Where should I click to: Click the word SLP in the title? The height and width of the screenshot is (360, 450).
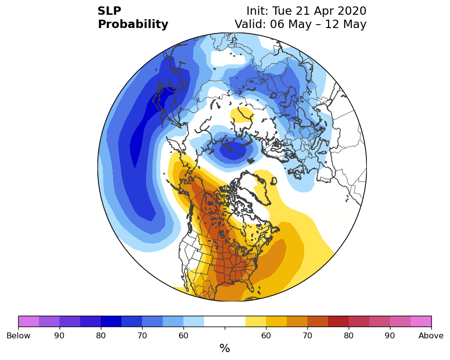tap(109, 11)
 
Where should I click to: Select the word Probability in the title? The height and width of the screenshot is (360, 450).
tap(133, 25)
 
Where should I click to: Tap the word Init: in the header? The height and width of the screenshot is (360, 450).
tap(257, 11)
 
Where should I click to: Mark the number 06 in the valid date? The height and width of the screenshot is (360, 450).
tap(277, 24)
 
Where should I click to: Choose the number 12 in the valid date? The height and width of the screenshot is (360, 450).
tap(332, 24)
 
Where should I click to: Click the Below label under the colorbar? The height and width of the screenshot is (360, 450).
tap(18, 335)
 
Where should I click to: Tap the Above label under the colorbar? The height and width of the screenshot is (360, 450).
tap(431, 335)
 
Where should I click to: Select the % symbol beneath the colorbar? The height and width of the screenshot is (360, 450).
tap(225, 349)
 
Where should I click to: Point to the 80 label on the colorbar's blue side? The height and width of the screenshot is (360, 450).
tap(101, 335)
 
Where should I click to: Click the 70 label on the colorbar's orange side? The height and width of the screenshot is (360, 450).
tap(307, 335)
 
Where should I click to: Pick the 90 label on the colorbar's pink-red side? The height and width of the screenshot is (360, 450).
tap(390, 335)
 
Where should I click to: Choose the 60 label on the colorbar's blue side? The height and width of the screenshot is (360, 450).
tap(183, 335)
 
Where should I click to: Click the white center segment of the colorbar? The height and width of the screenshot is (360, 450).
tap(225, 321)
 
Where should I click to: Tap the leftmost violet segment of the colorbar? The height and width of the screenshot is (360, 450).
tap(29, 321)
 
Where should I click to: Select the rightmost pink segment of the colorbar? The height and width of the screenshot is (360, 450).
tap(421, 321)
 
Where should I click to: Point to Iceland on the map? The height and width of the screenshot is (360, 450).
tap(274, 181)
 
